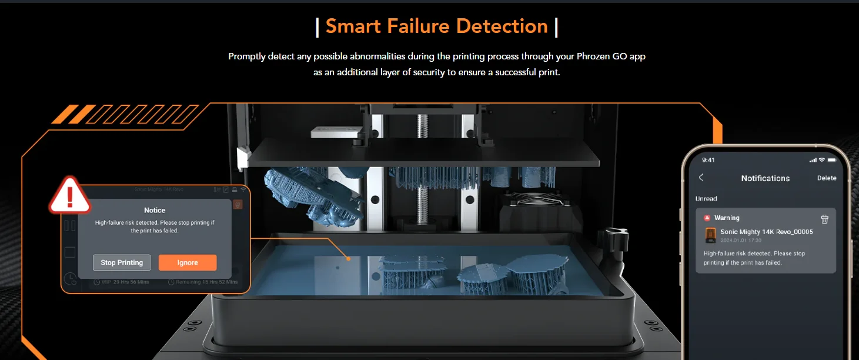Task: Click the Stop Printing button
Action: point(122,262)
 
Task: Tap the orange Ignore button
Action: point(188,262)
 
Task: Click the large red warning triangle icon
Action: point(70,196)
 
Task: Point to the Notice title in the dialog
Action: point(155,210)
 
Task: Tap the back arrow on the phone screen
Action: point(701,178)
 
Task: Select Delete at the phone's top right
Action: point(826,178)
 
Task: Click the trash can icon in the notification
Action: point(824,219)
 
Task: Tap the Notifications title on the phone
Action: point(765,178)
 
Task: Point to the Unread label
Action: point(706,199)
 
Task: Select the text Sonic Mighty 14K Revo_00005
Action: point(766,232)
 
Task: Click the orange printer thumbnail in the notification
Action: point(710,235)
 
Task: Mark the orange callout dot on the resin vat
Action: point(349,258)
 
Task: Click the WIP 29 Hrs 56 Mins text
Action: point(124,282)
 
